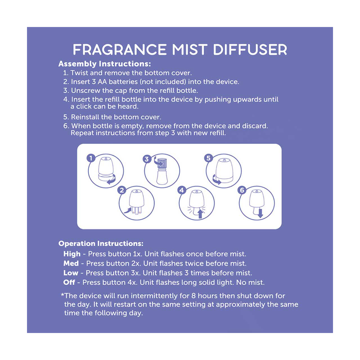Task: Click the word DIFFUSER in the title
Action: pyautogui.click(x=250, y=50)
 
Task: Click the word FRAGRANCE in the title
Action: pyautogui.click(x=120, y=50)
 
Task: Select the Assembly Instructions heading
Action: pyautogui.click(x=104, y=64)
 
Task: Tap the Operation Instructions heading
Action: pyautogui.click(x=101, y=244)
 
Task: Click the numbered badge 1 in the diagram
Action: pyautogui.click(x=91, y=158)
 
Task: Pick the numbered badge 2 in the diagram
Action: pyautogui.click(x=122, y=190)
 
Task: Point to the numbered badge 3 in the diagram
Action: pyautogui.click(x=147, y=159)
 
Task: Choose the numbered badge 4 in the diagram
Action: pyautogui.click(x=182, y=190)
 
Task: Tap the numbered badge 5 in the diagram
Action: pyautogui.click(x=208, y=158)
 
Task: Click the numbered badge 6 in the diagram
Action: pyautogui.click(x=242, y=190)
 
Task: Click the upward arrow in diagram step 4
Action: pyautogui.click(x=200, y=214)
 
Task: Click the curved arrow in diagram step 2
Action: pyautogui.click(x=127, y=211)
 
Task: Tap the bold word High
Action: pyautogui.click(x=72, y=254)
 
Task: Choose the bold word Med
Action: pyautogui.click(x=71, y=264)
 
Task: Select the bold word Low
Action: pyautogui.click(x=71, y=273)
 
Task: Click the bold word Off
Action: pyautogui.click(x=69, y=282)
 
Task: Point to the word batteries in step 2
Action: pyautogui.click(x=123, y=82)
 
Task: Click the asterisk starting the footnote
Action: pyautogui.click(x=62, y=295)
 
